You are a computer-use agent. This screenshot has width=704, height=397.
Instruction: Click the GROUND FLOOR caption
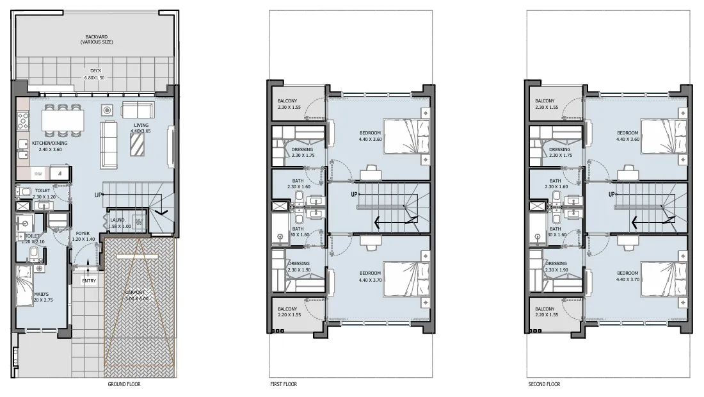125,385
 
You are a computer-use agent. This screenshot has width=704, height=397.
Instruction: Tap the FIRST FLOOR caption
284,385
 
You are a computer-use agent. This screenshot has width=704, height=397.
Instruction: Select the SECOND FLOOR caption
544,385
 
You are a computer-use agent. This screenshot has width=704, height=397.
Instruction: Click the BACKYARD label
95,39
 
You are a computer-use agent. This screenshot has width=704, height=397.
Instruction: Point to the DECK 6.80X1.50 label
95,75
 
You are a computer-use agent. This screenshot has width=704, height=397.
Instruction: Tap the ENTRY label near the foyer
90,280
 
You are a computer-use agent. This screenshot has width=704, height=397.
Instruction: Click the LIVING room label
141,129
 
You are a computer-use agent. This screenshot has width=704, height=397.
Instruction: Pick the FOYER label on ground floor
83,236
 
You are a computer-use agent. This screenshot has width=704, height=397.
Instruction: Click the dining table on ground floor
63,119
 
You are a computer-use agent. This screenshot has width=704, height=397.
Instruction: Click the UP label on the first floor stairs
355,194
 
